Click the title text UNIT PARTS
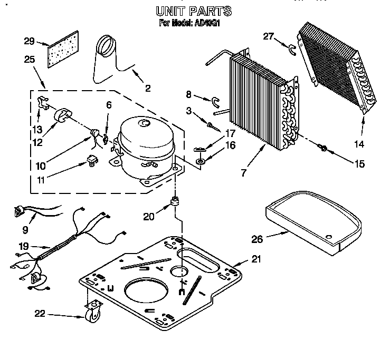193,11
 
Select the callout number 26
257,239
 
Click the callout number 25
30,60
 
